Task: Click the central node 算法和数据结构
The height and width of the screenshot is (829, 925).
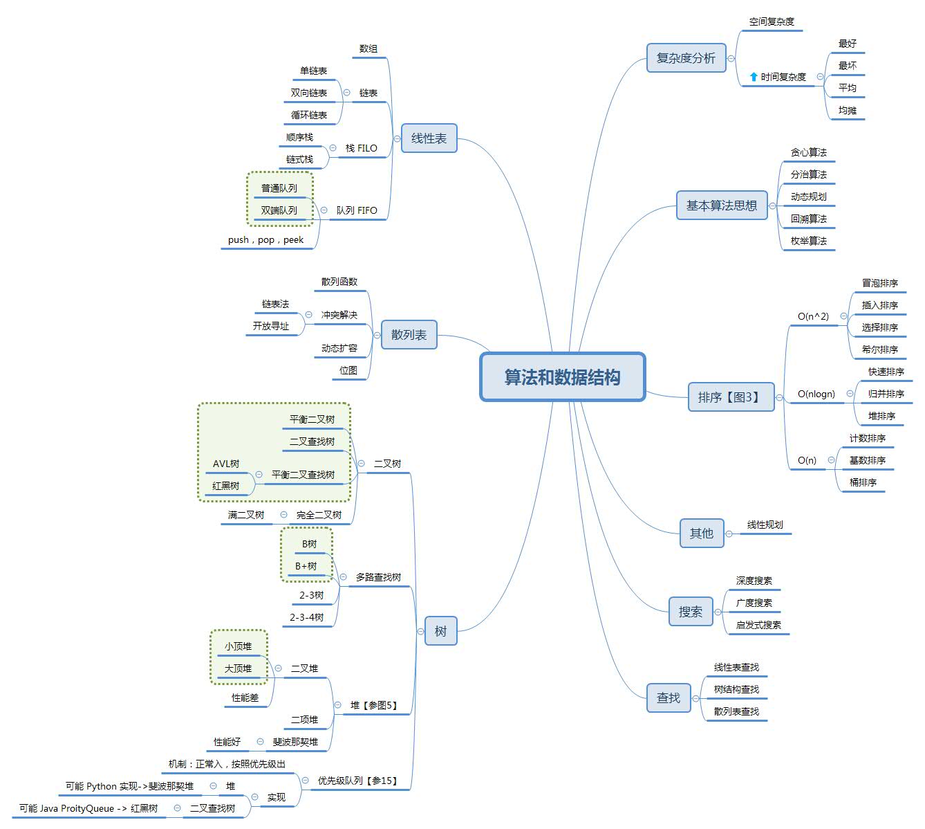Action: click(x=562, y=377)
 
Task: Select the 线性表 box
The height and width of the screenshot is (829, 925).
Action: click(x=429, y=138)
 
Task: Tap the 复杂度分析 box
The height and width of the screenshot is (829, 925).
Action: click(x=686, y=58)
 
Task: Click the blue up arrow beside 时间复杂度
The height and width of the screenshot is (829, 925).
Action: click(x=754, y=77)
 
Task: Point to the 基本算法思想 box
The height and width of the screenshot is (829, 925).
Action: click(x=721, y=206)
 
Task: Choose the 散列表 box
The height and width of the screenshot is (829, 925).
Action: click(x=409, y=334)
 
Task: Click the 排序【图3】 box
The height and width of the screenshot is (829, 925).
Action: click(x=731, y=397)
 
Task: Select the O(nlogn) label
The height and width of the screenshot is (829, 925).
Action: click(x=816, y=394)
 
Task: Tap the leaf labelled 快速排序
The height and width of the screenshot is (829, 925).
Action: click(x=886, y=372)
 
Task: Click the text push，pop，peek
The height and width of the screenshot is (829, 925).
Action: click(x=265, y=240)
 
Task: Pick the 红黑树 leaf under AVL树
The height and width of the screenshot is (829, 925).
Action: click(x=225, y=486)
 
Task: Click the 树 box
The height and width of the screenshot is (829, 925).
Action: click(x=440, y=631)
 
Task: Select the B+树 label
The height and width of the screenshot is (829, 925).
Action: click(x=306, y=566)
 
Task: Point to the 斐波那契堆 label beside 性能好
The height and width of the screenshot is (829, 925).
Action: click(x=295, y=742)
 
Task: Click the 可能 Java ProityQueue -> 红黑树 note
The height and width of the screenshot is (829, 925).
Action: click(x=88, y=808)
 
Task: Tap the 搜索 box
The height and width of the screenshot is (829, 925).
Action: click(x=691, y=612)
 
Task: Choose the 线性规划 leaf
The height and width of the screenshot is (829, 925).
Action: click(x=765, y=525)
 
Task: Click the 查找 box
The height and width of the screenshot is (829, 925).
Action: click(x=669, y=698)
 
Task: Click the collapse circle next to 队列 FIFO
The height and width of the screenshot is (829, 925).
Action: click(x=324, y=210)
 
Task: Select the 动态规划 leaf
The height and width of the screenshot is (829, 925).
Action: click(x=809, y=197)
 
